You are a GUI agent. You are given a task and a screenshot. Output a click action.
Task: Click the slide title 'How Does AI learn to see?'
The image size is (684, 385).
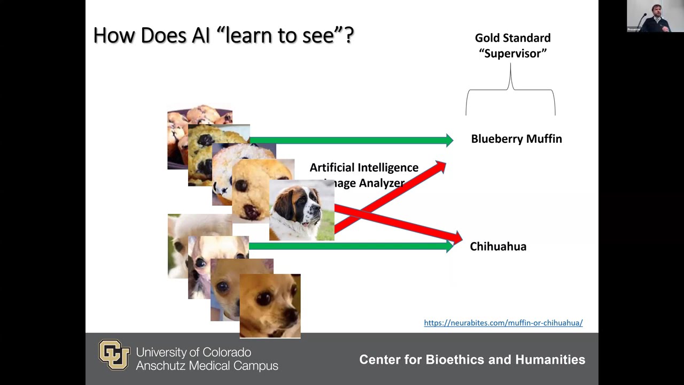[x=223, y=35]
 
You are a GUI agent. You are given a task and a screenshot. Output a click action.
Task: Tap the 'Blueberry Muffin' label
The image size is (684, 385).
[x=516, y=139]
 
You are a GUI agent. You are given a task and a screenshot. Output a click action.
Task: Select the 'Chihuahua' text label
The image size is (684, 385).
[x=498, y=247]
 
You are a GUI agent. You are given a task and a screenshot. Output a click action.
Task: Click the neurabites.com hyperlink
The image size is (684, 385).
[x=503, y=323]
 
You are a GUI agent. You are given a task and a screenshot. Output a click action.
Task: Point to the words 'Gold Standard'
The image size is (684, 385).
[x=512, y=38]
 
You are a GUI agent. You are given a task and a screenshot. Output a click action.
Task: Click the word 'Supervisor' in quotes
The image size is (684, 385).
[x=512, y=53]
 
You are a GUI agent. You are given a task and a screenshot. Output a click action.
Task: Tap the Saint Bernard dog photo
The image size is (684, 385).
[x=301, y=210]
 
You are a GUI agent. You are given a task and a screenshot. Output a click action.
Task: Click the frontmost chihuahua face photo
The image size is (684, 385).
[x=270, y=305]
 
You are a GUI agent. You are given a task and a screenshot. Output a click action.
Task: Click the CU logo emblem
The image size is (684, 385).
[x=114, y=355]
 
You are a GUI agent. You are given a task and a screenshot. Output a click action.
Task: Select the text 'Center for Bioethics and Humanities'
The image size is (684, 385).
[x=472, y=360]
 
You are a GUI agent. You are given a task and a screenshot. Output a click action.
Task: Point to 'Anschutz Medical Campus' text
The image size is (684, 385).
[x=207, y=366]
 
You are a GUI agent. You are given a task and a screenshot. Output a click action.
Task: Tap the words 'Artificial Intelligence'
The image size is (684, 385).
[x=364, y=168]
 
